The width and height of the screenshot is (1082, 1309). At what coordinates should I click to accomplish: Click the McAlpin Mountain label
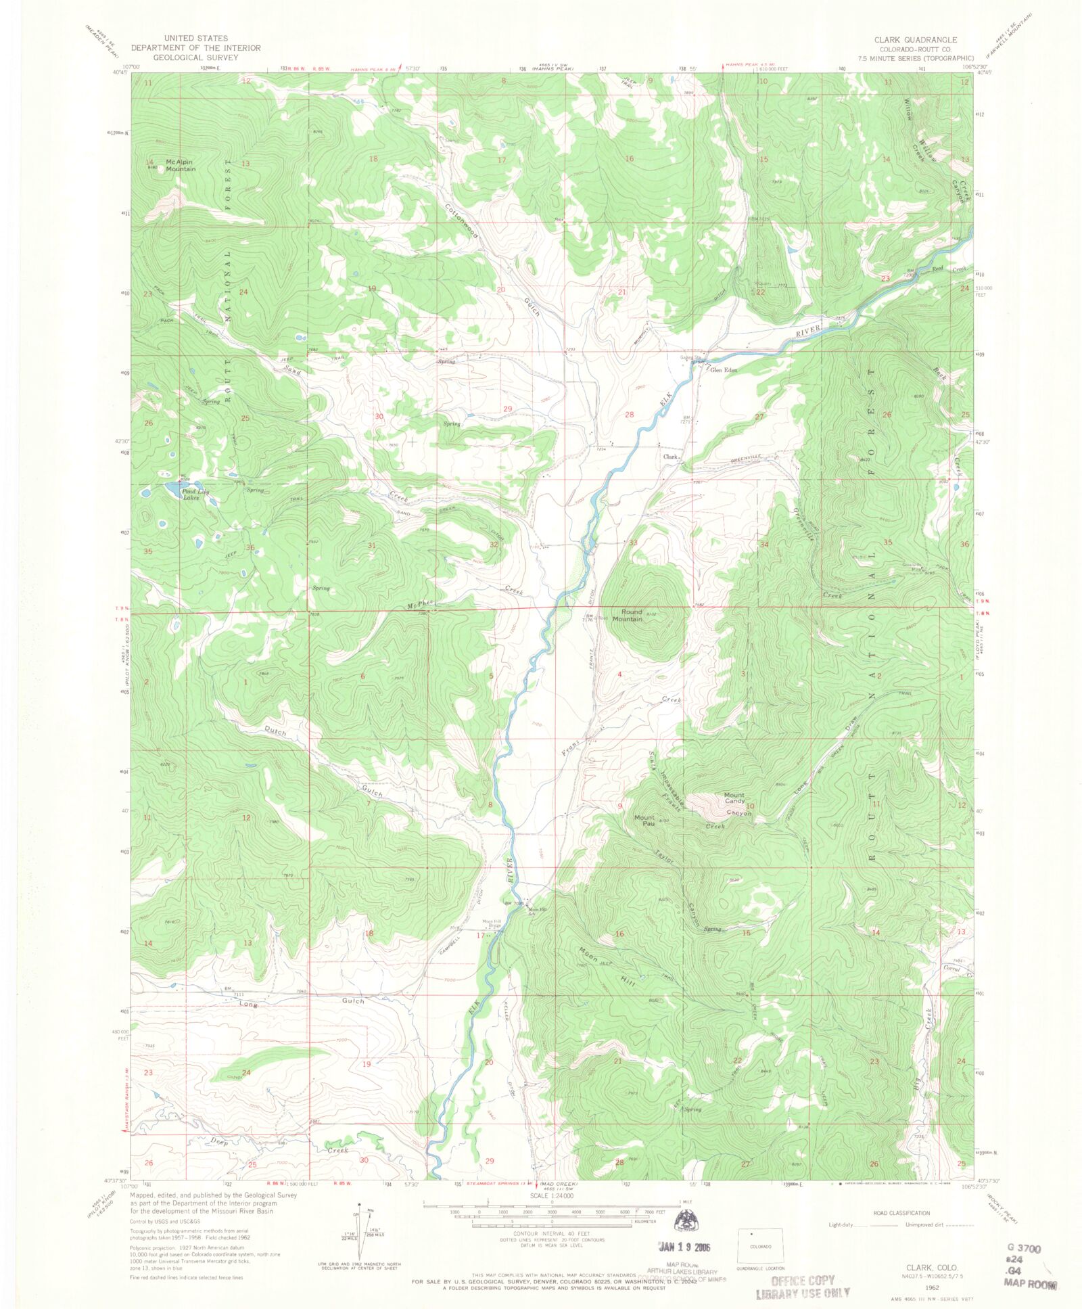click(x=181, y=165)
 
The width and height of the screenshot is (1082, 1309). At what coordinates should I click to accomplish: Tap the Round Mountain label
click(x=628, y=615)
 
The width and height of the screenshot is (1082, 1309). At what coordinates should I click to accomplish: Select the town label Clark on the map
click(x=670, y=457)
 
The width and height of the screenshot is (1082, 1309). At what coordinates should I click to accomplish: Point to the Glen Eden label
click(x=723, y=370)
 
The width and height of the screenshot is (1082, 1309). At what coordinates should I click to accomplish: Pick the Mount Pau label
click(x=644, y=821)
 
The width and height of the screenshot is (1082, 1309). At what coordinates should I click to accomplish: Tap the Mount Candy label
click(x=734, y=798)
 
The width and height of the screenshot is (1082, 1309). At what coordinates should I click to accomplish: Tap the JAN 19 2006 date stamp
click(x=684, y=1247)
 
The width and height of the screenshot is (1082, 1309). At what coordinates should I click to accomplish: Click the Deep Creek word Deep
click(x=219, y=1142)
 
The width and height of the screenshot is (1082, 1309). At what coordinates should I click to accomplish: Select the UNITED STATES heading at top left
click(x=195, y=39)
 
